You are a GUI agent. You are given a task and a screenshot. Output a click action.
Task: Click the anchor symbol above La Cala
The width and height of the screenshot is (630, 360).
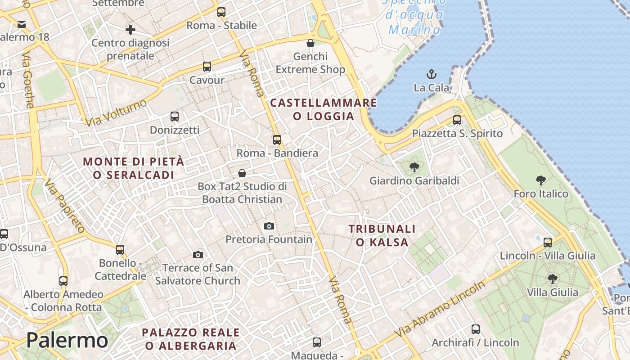coord(432,74)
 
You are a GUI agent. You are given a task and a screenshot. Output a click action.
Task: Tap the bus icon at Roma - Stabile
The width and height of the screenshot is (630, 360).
coord(221,12)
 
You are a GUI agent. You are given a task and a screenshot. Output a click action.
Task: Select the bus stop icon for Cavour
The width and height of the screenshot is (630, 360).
coord(207,67)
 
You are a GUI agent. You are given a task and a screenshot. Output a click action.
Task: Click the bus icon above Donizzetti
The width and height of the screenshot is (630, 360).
coord(175,117)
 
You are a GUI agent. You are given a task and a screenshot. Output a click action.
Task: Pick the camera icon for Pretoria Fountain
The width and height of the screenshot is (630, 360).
coord(269,226)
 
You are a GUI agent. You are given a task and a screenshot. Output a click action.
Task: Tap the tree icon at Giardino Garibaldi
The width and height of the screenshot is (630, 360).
coord(414,167)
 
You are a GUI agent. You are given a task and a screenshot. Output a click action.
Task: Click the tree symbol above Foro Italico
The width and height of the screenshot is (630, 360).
coord(541,180)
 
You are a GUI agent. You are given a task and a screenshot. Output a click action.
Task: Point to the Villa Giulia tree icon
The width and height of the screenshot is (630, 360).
coord(553,279)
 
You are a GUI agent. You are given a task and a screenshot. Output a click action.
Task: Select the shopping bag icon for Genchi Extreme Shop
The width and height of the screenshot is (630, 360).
coord(310,43)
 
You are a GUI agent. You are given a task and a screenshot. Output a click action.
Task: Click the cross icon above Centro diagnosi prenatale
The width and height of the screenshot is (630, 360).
coord(130,30)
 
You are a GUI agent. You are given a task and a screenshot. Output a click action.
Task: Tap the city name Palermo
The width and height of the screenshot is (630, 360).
coord(67,340)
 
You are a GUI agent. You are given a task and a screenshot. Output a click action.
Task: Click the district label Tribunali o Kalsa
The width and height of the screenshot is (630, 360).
coord(382,236)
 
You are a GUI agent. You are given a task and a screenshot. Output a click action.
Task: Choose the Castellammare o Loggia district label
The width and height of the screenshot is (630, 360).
coord(324,109)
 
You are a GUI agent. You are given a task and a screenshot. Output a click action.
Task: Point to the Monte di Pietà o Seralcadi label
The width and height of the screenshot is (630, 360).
coord(134,168)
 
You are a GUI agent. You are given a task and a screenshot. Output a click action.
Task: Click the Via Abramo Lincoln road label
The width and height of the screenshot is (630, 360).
coord(441,309)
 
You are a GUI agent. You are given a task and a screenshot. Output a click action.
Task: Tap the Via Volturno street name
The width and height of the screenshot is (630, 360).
coord(116,112)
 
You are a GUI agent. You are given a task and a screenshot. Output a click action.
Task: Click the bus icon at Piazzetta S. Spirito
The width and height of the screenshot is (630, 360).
coord(457,120)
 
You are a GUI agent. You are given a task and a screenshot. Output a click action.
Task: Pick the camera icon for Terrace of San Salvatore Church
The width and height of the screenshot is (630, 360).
coord(198,255)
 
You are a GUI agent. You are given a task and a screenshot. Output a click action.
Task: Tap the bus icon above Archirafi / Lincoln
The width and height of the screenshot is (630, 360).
coord(476,329)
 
